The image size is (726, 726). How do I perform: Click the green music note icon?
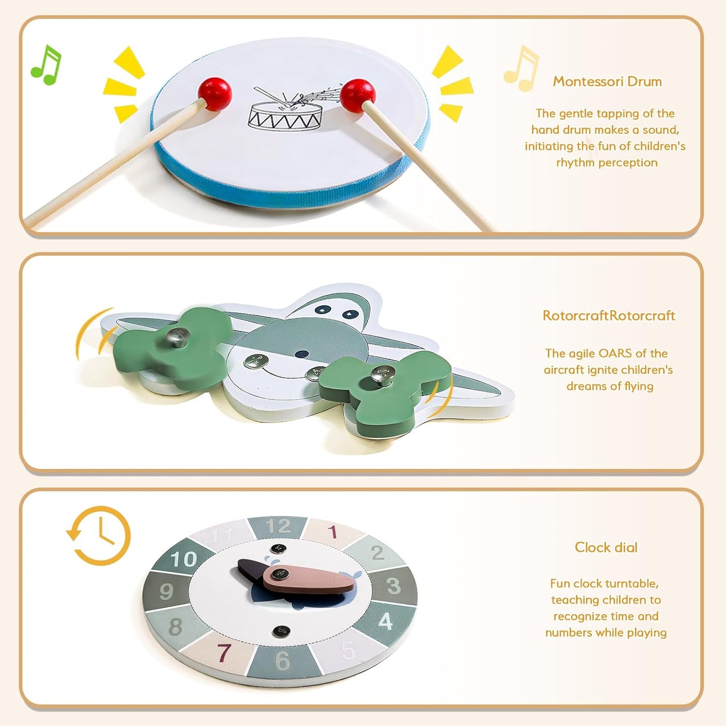coord(46,65)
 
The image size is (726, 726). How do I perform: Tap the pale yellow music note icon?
coord(522,68)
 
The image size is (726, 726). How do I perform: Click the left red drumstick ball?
coord(215,94)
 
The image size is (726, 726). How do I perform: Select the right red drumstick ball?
coord(358,95)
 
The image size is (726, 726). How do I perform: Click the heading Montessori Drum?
coord(607,81)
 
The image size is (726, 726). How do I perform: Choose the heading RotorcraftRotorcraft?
coord(608,316)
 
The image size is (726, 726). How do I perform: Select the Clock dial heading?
coord(606,547)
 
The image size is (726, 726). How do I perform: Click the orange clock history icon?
coord(98,536)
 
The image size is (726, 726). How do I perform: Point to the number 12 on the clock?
coord(278,527)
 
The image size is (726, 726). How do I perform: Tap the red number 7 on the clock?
coord(224,652)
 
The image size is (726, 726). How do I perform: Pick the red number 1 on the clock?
coord(332,532)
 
